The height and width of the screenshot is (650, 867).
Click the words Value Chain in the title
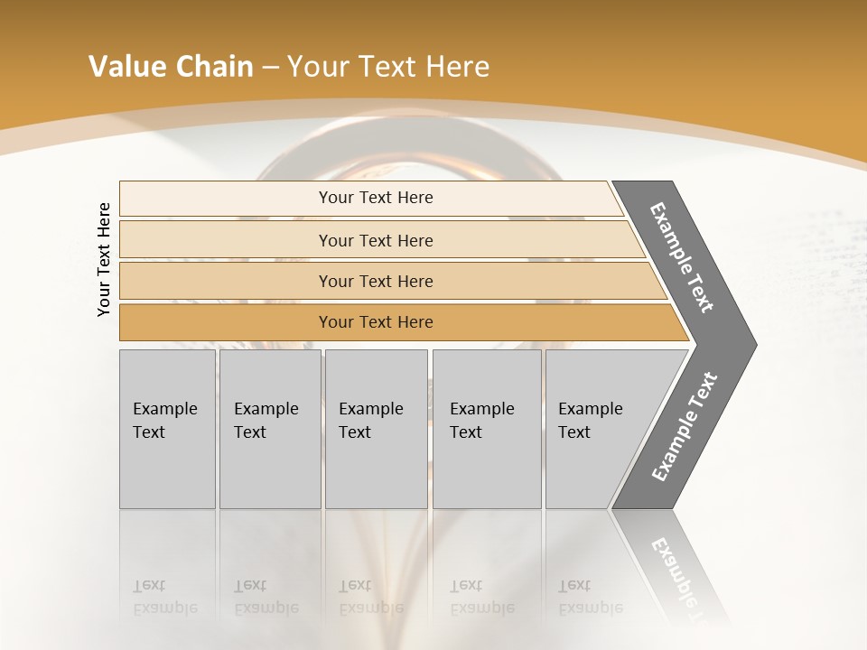(171, 67)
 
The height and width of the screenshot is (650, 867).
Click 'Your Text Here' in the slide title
(388, 67)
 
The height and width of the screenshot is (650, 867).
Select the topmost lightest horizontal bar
(370, 198)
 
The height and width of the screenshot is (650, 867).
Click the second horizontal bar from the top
(376, 240)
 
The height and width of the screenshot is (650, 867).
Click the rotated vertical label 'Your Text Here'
(104, 260)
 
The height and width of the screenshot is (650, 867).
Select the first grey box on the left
(167, 429)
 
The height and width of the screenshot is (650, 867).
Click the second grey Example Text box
(270, 429)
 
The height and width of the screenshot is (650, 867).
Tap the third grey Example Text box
(376, 429)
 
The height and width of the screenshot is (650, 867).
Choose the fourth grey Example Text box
(487, 429)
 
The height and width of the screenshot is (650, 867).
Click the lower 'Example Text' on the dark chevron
(684, 426)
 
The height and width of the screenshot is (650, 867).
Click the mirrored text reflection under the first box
(164, 597)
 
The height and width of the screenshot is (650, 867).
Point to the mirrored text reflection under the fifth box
(590, 597)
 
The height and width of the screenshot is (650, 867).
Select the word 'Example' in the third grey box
(370, 409)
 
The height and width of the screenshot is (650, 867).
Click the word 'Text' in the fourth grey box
(466, 432)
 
